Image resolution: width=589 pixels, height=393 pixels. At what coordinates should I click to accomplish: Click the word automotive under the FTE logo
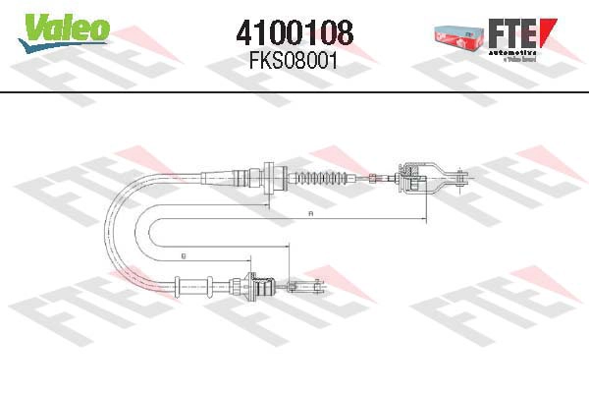(x=515, y=49)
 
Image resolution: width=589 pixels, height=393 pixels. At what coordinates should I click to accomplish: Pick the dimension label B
(x=184, y=256)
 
